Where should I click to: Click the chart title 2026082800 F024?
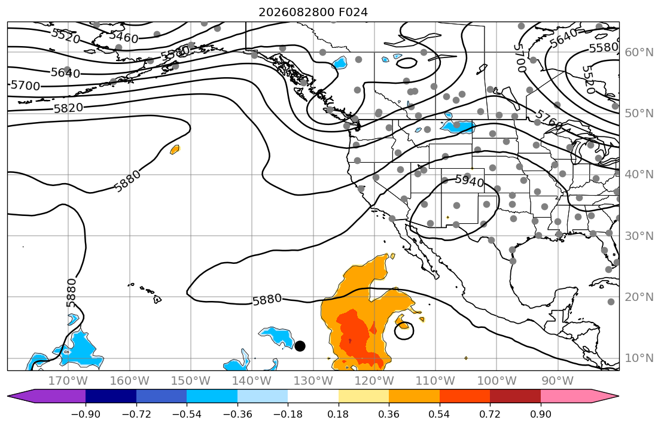pyautogui.click(x=313, y=12)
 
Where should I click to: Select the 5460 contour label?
pyautogui.click(x=124, y=38)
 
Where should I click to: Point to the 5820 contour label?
pyautogui.click(x=68, y=108)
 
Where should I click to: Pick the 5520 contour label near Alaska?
pyautogui.click(x=65, y=36)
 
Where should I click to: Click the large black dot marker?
pyautogui.click(x=300, y=346)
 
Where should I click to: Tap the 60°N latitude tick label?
pyautogui.click(x=639, y=52)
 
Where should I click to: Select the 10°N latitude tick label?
pyautogui.click(x=639, y=358)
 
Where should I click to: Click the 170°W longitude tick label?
pyautogui.click(x=68, y=381)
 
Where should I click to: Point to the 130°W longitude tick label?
pyautogui.click(x=313, y=381)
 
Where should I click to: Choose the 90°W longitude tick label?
pyautogui.click(x=558, y=381)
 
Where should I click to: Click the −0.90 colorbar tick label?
pyautogui.click(x=86, y=414)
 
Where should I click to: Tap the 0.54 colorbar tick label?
pyautogui.click(x=439, y=414)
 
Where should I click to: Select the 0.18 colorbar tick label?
pyautogui.click(x=338, y=414)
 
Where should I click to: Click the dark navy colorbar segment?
pyautogui.click(x=111, y=396)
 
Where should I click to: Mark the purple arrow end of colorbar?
pyautogui.click(x=47, y=396)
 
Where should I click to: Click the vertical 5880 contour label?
pyautogui.click(x=71, y=293)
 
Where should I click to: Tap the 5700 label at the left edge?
pyautogui.click(x=25, y=86)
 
